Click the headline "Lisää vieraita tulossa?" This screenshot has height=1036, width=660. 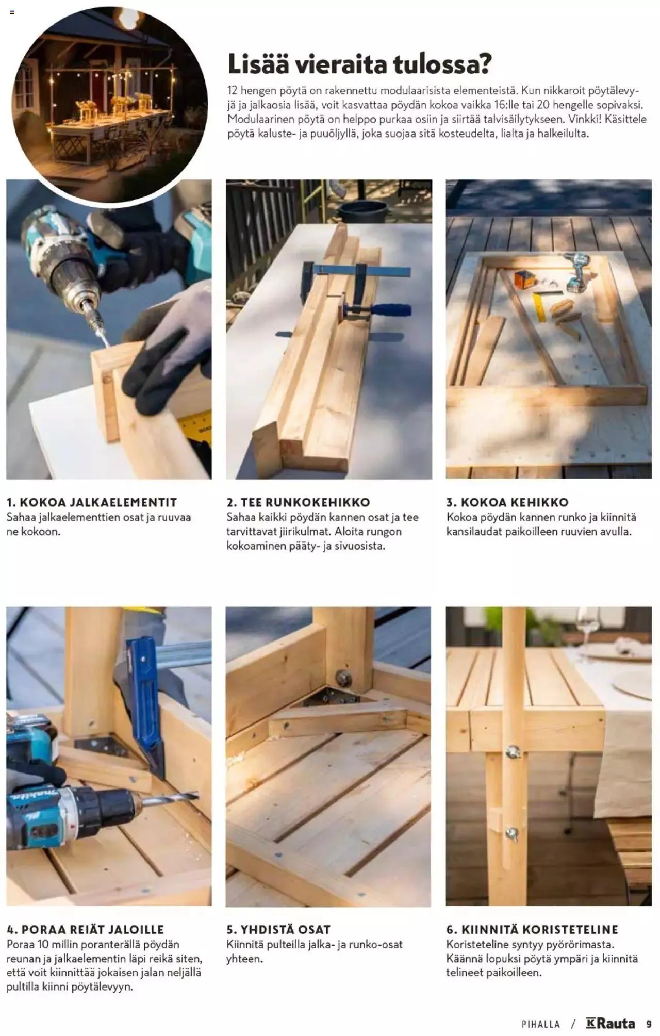pos(359,64)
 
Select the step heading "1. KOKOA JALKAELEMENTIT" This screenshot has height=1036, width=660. pos(92,502)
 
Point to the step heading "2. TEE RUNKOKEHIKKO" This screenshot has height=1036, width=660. pos(299,502)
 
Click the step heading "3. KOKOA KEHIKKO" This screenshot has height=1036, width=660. pos(507,502)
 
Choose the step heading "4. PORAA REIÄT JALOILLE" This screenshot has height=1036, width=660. pos(85,930)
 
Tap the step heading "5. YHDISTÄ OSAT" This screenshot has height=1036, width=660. pos(278,930)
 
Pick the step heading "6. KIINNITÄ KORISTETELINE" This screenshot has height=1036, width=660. pos(532,930)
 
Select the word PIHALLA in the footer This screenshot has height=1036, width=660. pos(540,1024)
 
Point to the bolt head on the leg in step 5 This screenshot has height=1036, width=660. pos(341,677)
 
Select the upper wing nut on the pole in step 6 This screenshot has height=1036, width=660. pos(511,752)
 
